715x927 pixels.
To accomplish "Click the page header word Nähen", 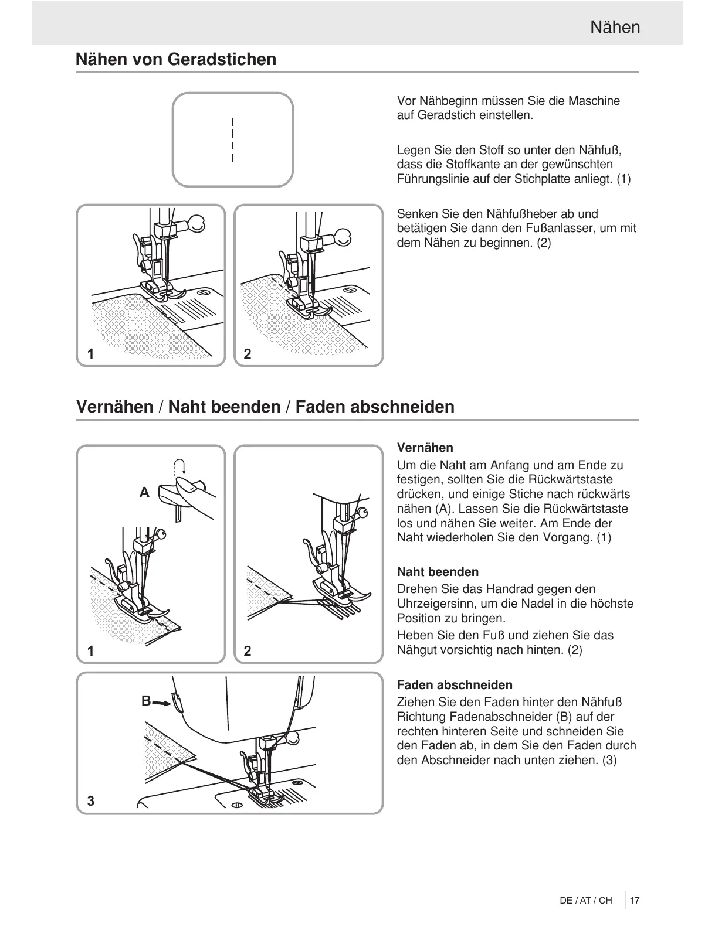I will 615,28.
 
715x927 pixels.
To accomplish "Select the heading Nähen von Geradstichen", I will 176,59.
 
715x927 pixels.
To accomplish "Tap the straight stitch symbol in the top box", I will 233,139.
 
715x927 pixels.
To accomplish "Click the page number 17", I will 634,900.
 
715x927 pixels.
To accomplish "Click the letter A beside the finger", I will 144,493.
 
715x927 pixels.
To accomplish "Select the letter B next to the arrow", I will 146,700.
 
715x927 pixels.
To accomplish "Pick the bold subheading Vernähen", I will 425,448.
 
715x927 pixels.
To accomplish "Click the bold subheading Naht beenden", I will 438,572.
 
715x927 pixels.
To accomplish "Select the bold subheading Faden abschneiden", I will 455,685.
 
